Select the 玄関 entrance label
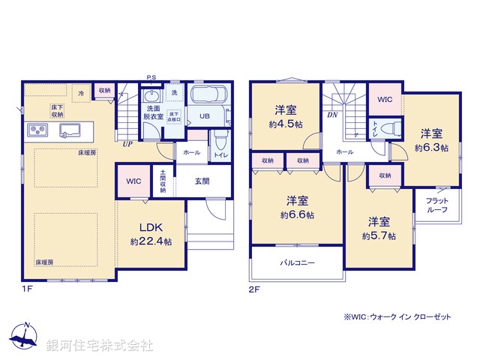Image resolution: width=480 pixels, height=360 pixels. point(202,181)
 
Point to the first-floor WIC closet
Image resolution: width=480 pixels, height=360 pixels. point(133,181)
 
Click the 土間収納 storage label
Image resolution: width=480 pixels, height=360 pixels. point(163,181)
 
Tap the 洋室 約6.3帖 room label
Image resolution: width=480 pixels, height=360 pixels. point(431,141)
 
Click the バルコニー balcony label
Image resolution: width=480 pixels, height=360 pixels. point(298,263)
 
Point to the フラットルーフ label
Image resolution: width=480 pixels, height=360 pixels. point(437,205)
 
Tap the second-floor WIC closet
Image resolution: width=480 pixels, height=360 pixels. point(385,99)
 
